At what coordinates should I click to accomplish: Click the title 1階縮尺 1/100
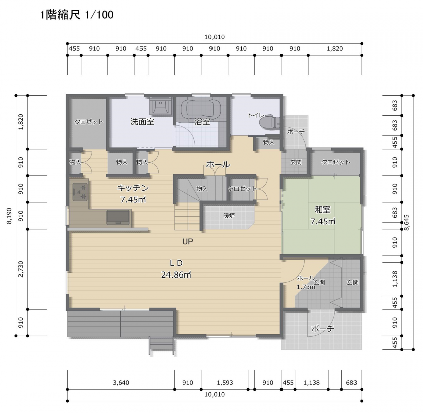coord(77,15)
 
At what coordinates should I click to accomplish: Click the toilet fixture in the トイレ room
coord(270,122)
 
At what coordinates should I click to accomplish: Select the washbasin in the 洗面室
coord(161,105)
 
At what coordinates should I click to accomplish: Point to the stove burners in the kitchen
coord(80,191)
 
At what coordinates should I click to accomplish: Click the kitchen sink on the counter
coord(118,217)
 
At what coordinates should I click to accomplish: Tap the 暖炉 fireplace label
coord(229,215)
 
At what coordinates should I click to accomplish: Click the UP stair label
coord(188,241)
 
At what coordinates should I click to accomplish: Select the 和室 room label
coord(323,210)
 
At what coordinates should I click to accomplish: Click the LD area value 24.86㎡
coord(176,274)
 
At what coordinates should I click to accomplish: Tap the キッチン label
coord(133,188)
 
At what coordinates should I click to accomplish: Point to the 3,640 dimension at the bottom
coord(121,382)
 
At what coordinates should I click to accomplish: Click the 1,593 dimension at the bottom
coord(225,382)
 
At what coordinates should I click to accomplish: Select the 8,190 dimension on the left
coord(9,216)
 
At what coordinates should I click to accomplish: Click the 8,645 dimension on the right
coord(407,222)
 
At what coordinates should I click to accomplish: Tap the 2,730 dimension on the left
coord(21,269)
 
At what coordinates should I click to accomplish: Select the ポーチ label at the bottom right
coord(323,329)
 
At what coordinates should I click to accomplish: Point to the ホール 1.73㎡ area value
coord(306,287)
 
